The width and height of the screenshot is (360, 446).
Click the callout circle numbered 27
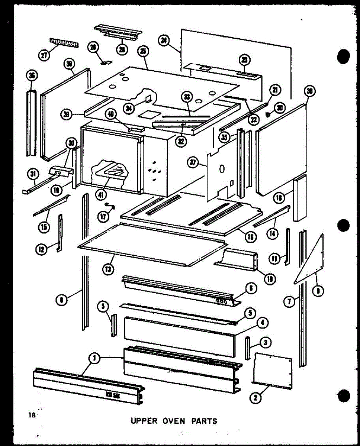[x=44, y=55]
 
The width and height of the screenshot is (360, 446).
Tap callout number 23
[x=245, y=60]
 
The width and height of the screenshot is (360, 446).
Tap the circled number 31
[x=32, y=174]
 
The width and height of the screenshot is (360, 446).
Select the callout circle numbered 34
[x=129, y=108]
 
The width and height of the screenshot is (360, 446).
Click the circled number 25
[x=141, y=52]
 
